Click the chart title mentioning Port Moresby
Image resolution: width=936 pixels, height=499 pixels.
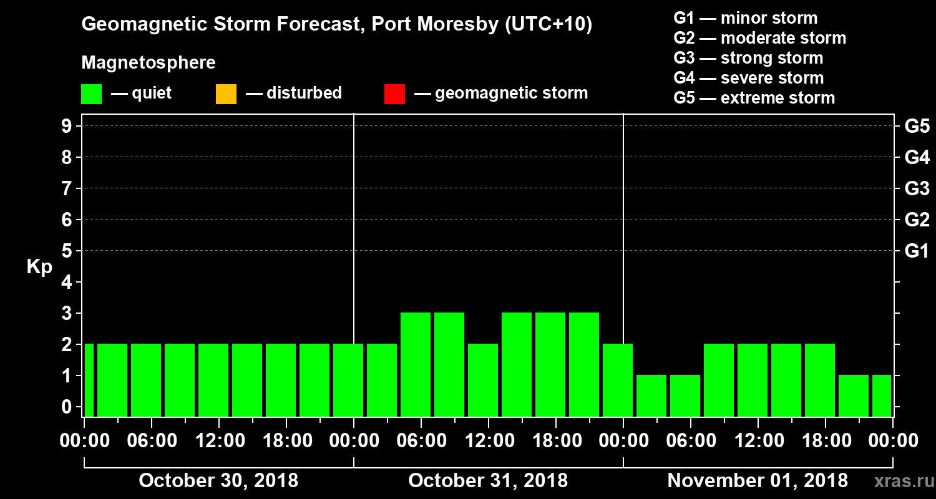[x=337, y=25]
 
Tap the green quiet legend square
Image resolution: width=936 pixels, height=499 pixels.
[x=91, y=94]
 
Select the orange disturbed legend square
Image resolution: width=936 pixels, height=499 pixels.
[x=226, y=94]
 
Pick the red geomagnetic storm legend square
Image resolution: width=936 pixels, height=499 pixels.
[x=394, y=94]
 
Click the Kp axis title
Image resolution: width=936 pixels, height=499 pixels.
[x=39, y=268]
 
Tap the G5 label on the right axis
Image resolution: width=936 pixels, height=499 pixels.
[x=917, y=126]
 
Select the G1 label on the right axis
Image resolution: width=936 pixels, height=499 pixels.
[x=917, y=251]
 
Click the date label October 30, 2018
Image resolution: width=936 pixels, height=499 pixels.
[x=218, y=481]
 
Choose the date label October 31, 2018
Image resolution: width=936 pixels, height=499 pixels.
[x=488, y=481]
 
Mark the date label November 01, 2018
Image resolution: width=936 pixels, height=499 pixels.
[x=758, y=481]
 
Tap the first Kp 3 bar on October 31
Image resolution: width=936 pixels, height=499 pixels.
[x=416, y=364]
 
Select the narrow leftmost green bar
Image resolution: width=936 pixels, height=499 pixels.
[x=89, y=380]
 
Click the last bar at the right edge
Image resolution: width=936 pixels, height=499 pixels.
[x=881, y=395]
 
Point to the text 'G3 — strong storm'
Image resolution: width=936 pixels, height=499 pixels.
[x=748, y=59]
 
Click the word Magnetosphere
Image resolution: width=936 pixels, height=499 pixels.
[x=149, y=63]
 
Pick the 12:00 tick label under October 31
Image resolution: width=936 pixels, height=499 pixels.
[x=488, y=440]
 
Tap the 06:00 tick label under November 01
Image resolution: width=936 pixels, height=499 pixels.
[x=690, y=440]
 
